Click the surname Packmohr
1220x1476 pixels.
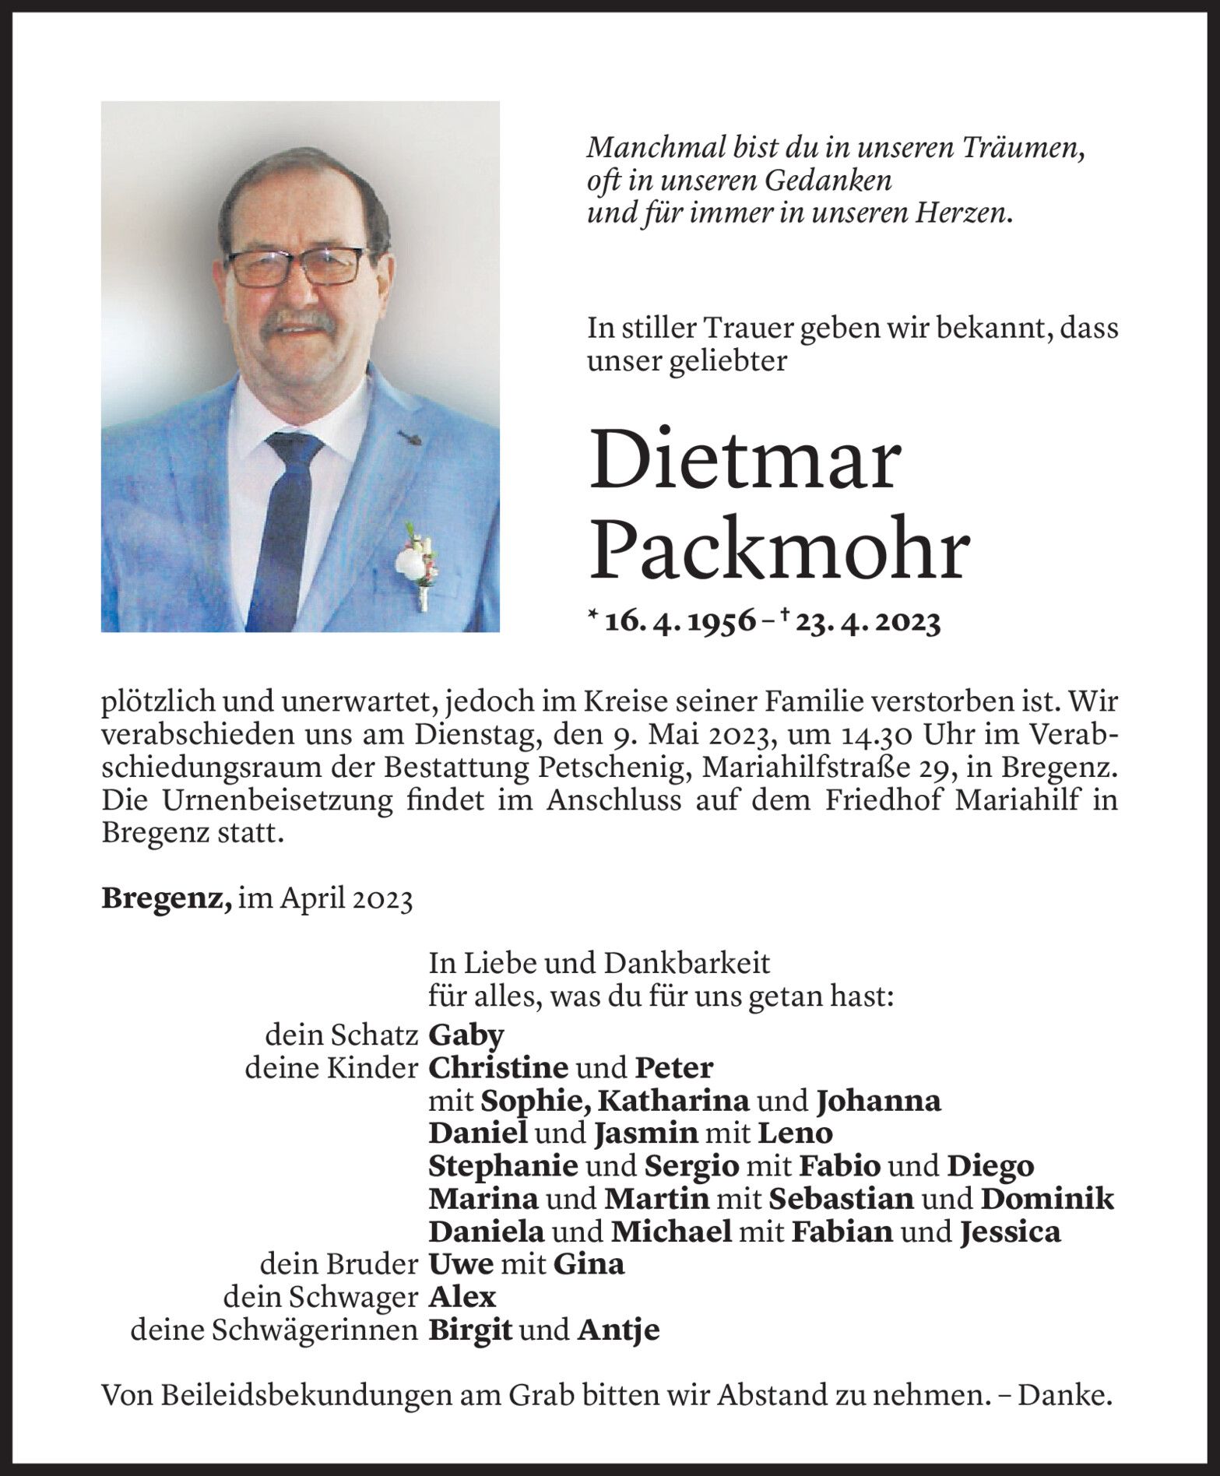tap(779, 550)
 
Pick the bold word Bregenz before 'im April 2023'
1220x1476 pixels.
tap(166, 900)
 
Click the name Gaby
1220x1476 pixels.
tap(466, 1036)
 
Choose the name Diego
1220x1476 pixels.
tap(990, 1167)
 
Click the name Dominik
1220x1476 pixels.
tap(1047, 1200)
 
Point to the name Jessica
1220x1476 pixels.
tap(1011, 1232)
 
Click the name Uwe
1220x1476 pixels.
tap(461, 1265)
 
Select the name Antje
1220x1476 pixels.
tap(618, 1330)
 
